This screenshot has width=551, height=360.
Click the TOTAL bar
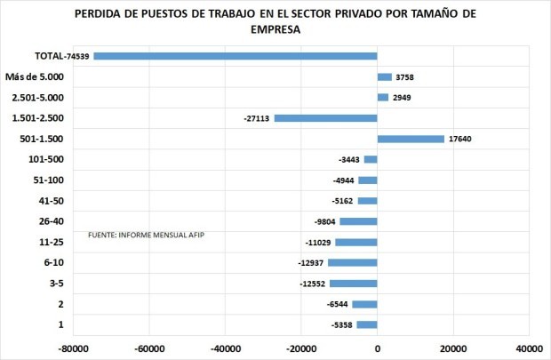click(236, 56)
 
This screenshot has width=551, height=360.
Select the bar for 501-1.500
click(411, 139)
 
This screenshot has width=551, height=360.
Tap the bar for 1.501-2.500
click(325, 118)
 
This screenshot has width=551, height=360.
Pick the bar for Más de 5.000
click(384, 77)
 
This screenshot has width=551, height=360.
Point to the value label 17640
click(461, 139)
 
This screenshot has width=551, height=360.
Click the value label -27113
click(257, 118)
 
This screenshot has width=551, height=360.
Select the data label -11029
click(318, 243)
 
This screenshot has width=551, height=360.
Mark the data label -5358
click(340, 325)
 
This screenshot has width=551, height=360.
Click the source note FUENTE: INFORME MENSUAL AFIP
click(152, 235)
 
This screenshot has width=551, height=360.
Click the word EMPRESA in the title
click(275, 28)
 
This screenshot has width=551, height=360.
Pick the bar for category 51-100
click(367, 180)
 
